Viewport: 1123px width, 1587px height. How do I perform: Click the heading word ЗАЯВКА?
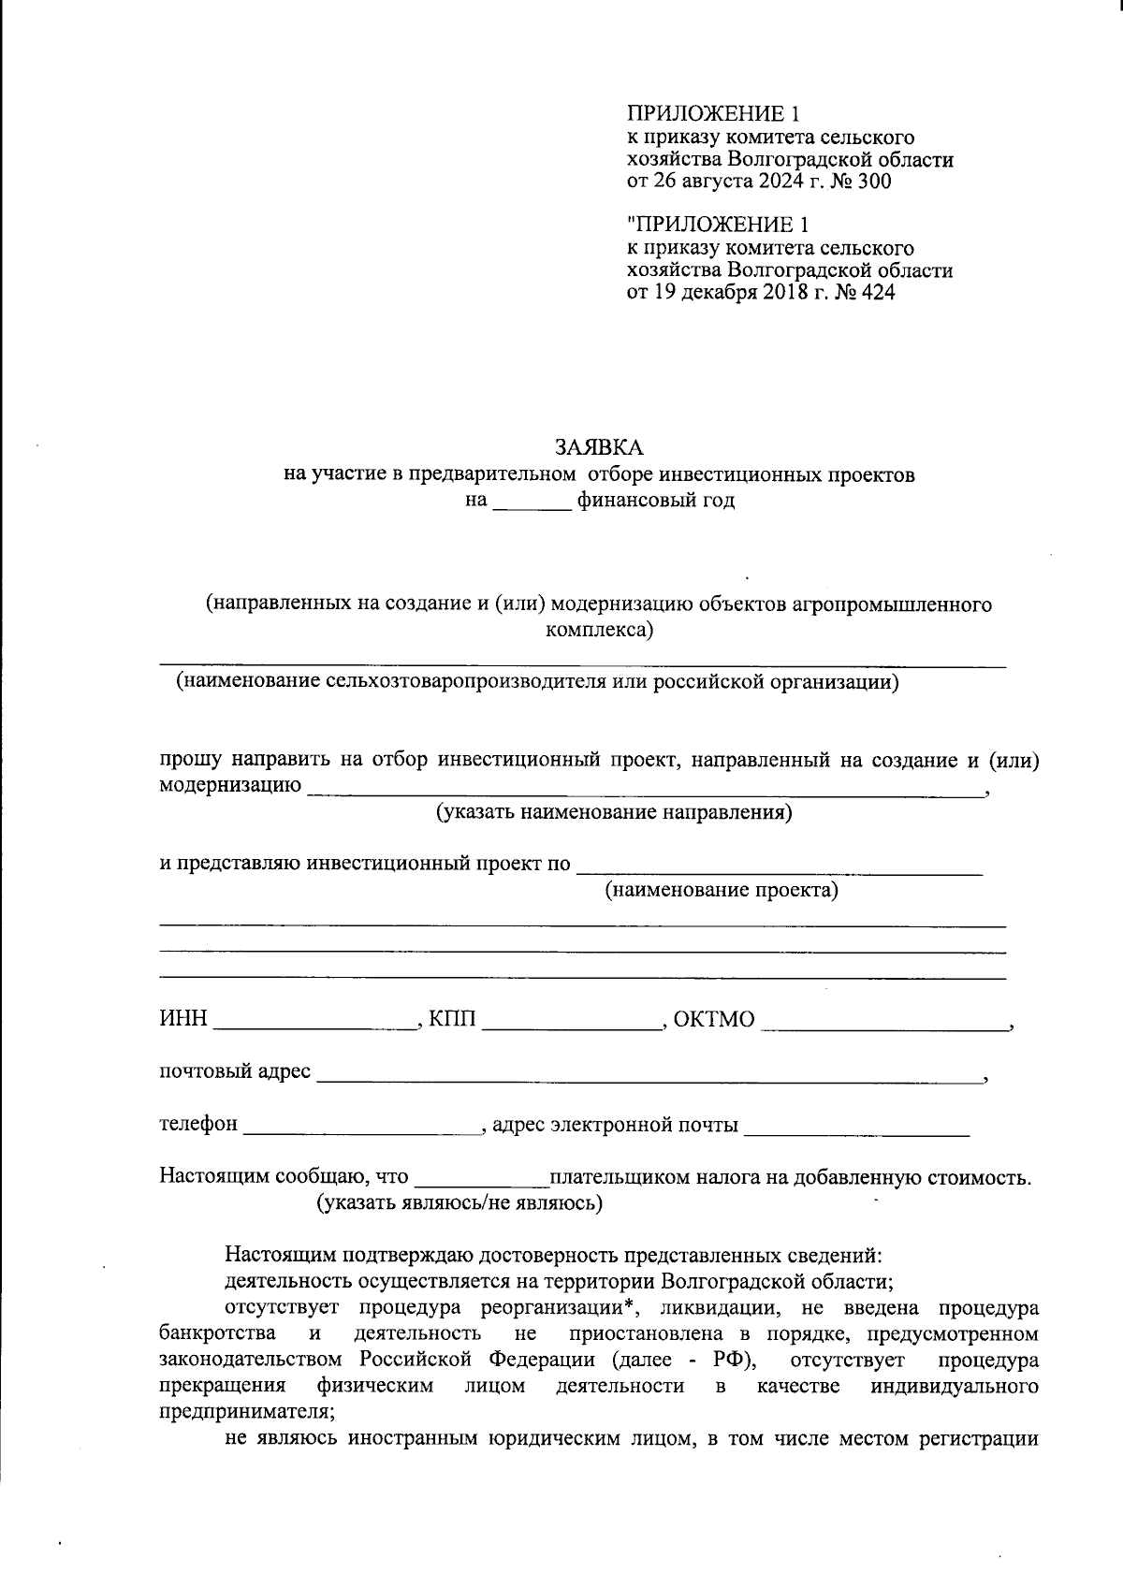click(x=600, y=446)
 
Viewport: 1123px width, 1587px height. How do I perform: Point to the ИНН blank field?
click(x=315, y=1021)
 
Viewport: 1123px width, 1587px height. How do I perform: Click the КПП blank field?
click(x=572, y=1021)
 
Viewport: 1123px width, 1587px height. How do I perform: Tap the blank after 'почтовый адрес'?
click(x=650, y=1073)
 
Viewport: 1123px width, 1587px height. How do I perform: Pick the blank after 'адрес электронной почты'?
click(x=856, y=1126)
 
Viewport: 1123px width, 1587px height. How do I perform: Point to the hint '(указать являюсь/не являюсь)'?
click(x=459, y=1203)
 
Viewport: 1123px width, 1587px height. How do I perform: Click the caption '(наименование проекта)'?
click(x=722, y=890)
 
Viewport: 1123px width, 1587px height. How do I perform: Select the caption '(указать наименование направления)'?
click(x=615, y=812)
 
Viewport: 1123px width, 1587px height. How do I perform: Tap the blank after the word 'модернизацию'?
click(x=646, y=787)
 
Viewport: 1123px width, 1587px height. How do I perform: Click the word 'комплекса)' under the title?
click(x=599, y=630)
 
